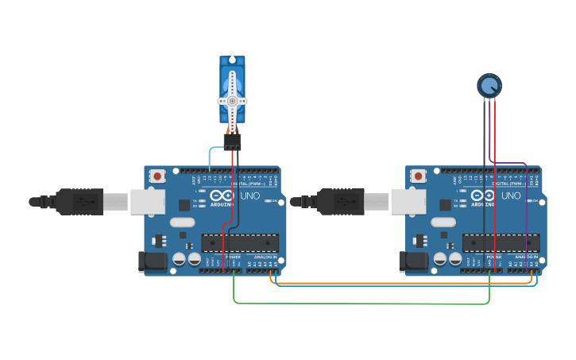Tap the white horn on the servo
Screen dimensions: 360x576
[x=232, y=101]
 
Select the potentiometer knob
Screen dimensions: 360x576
[x=489, y=84]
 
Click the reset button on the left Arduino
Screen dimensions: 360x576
[x=157, y=176]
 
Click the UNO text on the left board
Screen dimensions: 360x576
[x=250, y=195]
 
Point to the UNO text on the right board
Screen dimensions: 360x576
[x=511, y=195]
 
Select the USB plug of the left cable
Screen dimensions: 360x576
[x=80, y=202]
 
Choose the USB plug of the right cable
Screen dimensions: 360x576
[x=341, y=202]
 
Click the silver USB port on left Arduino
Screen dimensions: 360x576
[x=147, y=202]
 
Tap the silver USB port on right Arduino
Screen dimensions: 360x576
[x=408, y=202]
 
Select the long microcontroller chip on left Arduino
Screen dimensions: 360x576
[x=240, y=243]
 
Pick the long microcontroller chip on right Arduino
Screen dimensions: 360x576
[x=501, y=243]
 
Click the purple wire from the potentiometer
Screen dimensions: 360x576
[x=525, y=207]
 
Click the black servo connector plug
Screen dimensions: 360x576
[x=232, y=141]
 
